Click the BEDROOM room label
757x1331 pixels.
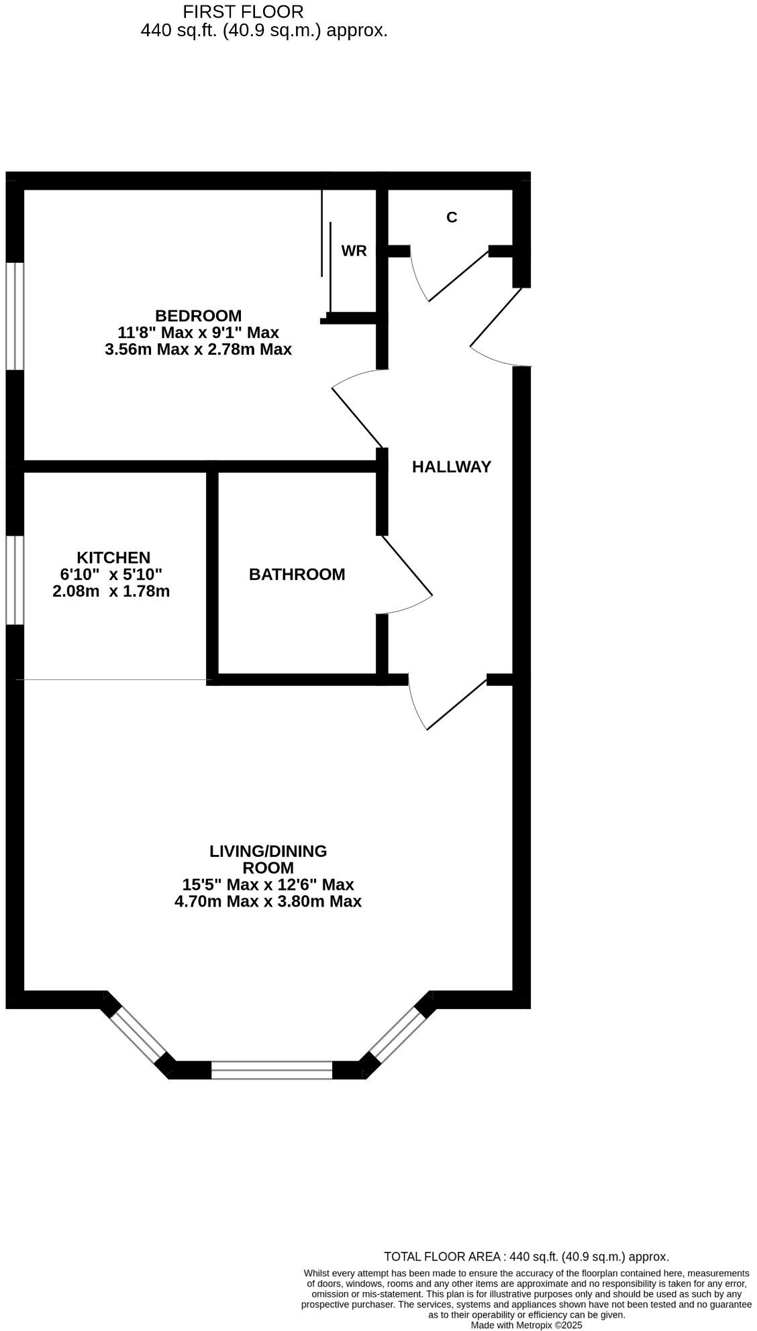pos(198,315)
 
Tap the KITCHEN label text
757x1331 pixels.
pos(113,557)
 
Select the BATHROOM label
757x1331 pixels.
pos(297,574)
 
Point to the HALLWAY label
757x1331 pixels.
pos(451,467)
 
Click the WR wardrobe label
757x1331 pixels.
pos(354,251)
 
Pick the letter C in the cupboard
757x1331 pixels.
pos(452,217)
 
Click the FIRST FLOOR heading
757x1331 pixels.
pos(243,11)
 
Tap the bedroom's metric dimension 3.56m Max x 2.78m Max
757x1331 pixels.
pos(198,349)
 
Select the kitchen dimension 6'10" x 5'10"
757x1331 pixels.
pos(111,575)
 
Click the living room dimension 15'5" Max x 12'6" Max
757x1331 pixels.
pos(268,884)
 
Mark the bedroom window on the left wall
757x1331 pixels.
pos(15,315)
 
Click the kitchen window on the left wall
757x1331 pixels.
pos(15,580)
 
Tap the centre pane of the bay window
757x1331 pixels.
pos(272,1069)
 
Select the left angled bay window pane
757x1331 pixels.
pos(138,1034)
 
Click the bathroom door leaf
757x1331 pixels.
pos(407,565)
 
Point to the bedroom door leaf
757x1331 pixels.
pos(358,417)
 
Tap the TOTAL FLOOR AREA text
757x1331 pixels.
pos(526,1257)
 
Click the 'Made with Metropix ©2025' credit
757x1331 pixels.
pos(526,1326)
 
